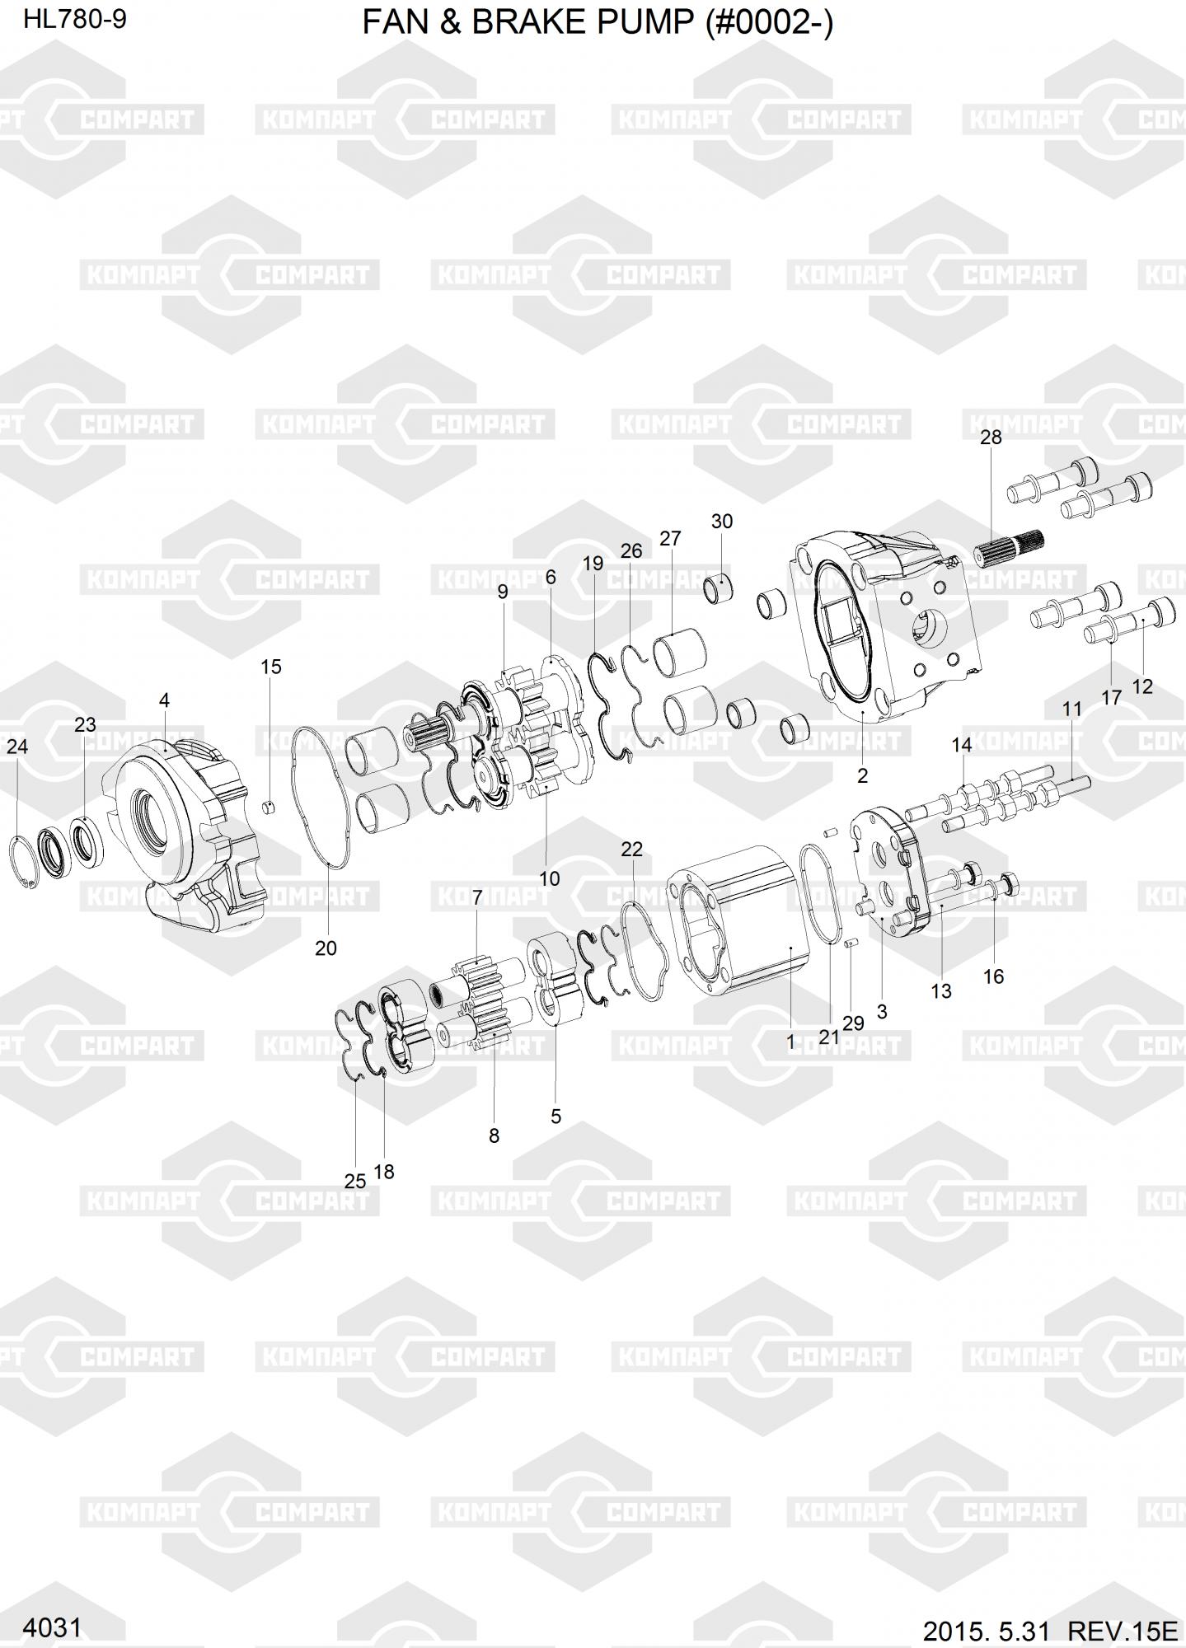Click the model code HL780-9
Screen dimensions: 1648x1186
coord(74,20)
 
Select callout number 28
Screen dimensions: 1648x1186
coord(991,438)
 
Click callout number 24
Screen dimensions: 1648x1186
coord(17,747)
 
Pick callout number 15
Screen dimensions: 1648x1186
coord(271,667)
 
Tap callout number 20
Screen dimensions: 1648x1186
coord(326,948)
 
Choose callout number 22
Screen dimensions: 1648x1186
coord(631,850)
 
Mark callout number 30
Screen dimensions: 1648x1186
coord(721,522)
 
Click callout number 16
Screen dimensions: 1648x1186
coord(994,976)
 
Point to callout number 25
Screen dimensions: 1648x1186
coord(355,1181)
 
